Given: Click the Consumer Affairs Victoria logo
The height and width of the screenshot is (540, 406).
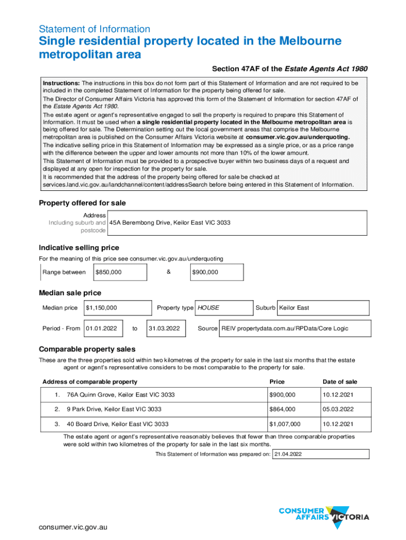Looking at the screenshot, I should pyautogui.click(x=323, y=513).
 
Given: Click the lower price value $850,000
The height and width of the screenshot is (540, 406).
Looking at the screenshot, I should pyautogui.click(x=109, y=272).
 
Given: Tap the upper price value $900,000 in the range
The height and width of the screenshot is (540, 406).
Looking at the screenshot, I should pyautogui.click(x=205, y=272).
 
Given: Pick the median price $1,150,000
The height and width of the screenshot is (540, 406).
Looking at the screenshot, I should pyautogui.click(x=101, y=307).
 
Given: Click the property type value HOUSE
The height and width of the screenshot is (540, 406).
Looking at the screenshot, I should pyautogui.click(x=208, y=307).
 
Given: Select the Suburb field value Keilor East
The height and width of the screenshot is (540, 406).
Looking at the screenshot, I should pyautogui.click(x=294, y=307).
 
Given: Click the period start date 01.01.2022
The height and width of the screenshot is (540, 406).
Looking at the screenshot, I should pyautogui.click(x=101, y=328).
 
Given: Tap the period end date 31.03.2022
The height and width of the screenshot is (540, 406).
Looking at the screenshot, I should pyautogui.click(x=165, y=328).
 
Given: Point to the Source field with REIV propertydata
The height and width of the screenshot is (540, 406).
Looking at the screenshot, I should pyautogui.click(x=285, y=328).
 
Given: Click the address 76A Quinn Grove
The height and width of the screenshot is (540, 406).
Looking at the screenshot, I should pyautogui.click(x=121, y=395).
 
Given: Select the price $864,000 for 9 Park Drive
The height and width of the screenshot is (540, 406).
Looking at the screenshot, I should pyautogui.click(x=283, y=409).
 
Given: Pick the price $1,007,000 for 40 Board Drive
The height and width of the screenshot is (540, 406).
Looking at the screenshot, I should pyautogui.click(x=285, y=424).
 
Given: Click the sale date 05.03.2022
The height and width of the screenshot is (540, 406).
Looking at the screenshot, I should pyautogui.click(x=340, y=409).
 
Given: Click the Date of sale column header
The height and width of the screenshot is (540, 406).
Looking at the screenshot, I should pyautogui.click(x=340, y=382).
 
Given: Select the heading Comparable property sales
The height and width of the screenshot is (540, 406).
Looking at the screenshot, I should pyautogui.click(x=87, y=349).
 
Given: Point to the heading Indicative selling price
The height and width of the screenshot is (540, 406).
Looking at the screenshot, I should pyautogui.click(x=79, y=248).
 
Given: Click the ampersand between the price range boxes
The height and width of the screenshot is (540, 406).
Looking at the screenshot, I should pyautogui.click(x=168, y=272).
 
